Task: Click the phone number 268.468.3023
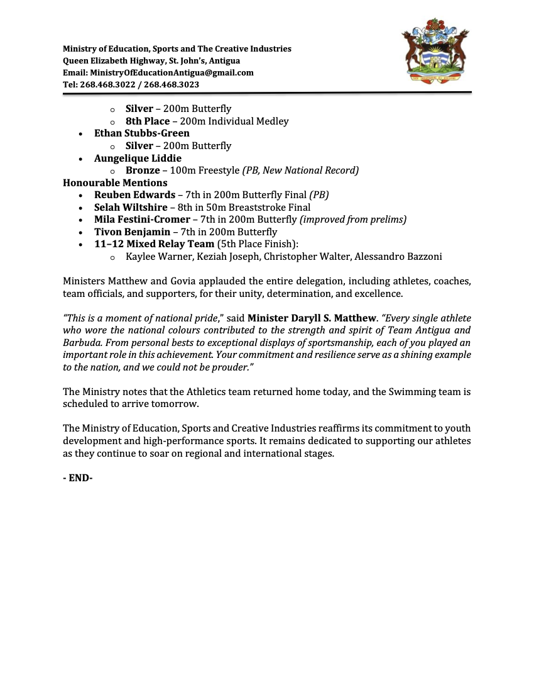pyautogui.click(x=172, y=84)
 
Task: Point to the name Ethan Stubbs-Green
pyautogui.click(x=141, y=133)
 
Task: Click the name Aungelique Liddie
pyautogui.click(x=138, y=158)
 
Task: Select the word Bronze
pyautogui.click(x=143, y=170)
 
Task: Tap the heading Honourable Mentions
pyautogui.click(x=115, y=183)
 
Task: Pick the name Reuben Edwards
pyautogui.click(x=134, y=195)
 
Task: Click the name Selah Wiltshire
pyautogui.click(x=131, y=208)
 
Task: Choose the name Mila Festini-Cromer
pyautogui.click(x=142, y=220)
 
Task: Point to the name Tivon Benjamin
pyautogui.click(x=132, y=232)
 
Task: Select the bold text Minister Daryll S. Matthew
pyautogui.click(x=311, y=318)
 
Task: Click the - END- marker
pyautogui.click(x=78, y=478)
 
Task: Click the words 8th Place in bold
pyautogui.click(x=148, y=121)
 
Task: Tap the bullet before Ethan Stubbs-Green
pyautogui.click(x=81, y=134)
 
